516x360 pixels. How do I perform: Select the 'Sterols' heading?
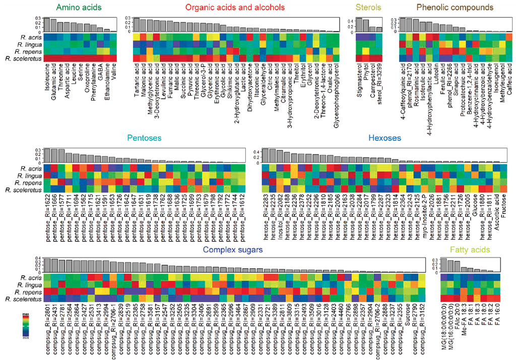[368, 8]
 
